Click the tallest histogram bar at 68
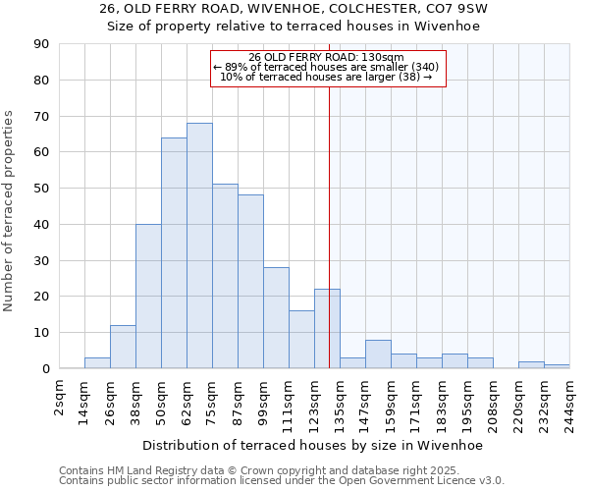[199, 245]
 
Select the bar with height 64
[174, 253]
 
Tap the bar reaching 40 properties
[148, 297]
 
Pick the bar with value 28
[276, 318]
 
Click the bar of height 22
[327, 329]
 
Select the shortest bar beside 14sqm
[97, 363]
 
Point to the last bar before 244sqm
[557, 366]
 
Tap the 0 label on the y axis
[46, 369]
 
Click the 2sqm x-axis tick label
[59, 398]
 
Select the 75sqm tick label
[212, 401]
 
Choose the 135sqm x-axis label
[340, 403]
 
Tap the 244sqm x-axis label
[569, 403]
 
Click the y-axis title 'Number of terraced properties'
[10, 211]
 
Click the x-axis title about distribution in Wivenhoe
[312, 445]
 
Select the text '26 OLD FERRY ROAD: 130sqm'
[327, 57]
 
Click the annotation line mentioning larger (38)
[327, 76]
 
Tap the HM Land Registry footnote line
[231, 470]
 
